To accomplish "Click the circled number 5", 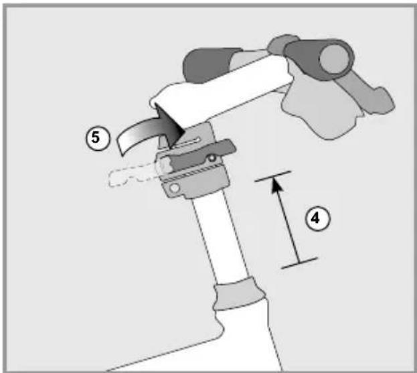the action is coord(98,139).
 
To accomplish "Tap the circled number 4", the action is coord(317,218).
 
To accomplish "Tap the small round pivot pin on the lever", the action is coord(212,158).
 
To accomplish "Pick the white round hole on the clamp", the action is coord(175,188).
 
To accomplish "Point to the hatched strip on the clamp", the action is coord(193,172).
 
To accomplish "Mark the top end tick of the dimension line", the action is coord(273,176).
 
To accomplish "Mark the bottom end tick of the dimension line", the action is coord(299,263).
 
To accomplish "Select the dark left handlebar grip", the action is coord(210,65).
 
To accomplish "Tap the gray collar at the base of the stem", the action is coord(240,293).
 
